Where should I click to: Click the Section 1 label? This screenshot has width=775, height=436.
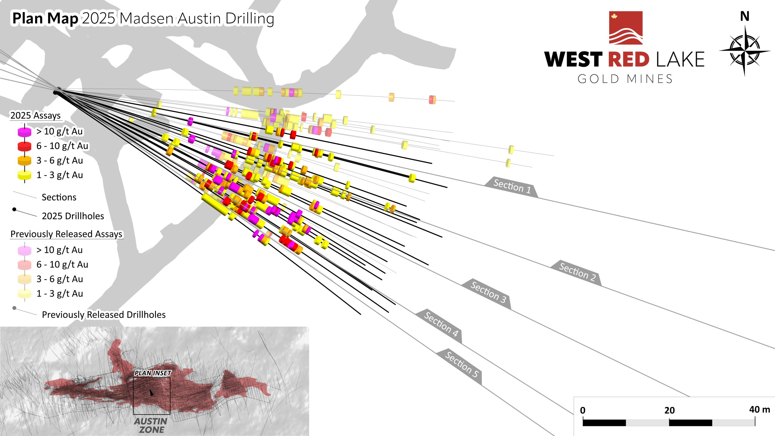point(512,186)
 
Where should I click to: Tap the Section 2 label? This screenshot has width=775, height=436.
point(577,272)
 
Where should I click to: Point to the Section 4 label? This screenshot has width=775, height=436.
point(441,324)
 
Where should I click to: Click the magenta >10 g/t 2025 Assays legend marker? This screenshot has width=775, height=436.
point(25,132)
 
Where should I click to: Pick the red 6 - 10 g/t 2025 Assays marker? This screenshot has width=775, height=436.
point(25,146)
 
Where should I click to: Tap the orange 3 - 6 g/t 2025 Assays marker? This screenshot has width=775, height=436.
point(25,160)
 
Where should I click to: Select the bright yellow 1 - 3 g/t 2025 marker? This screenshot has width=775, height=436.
point(25,175)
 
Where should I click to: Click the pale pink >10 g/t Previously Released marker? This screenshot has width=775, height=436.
point(25,250)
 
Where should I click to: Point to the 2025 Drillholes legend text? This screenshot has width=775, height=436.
point(73,216)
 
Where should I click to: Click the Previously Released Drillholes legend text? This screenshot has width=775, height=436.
point(104,315)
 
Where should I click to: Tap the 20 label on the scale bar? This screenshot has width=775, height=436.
point(669,410)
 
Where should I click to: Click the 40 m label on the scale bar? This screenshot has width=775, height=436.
point(759,409)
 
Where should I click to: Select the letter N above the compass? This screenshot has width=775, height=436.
point(745,16)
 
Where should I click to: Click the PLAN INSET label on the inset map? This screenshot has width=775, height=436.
point(153,373)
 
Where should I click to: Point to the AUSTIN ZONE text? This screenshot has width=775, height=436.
point(151,425)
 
